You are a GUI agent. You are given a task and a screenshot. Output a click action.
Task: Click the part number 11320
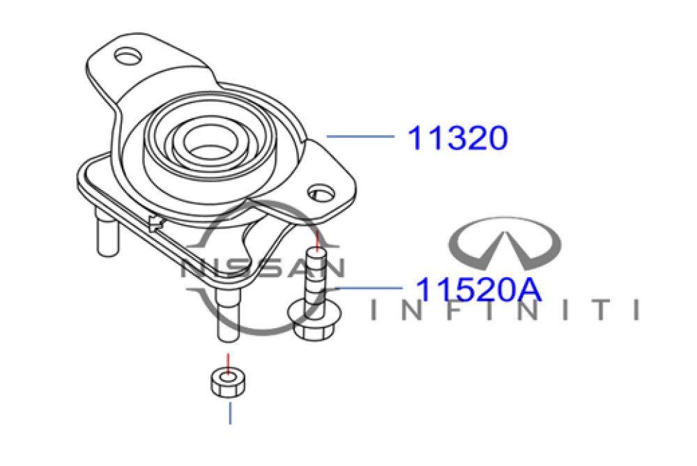click(x=457, y=138)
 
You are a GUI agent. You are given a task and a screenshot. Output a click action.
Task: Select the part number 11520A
click(x=478, y=290)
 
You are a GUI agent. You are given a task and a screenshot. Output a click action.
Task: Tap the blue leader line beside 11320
click(x=360, y=137)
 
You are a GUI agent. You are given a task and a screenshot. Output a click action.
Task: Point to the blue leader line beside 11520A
click(x=369, y=288)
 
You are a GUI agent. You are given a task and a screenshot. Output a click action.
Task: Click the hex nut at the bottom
click(x=228, y=382)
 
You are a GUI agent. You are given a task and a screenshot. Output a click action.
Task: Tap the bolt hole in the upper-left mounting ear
click(x=128, y=56)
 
